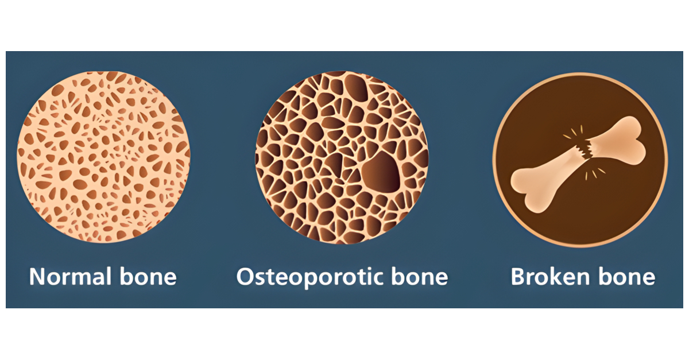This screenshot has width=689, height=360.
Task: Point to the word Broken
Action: [x=544, y=277]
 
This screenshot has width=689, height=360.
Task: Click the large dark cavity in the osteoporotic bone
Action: [x=381, y=175]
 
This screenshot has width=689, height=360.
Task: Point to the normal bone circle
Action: [x=103, y=157]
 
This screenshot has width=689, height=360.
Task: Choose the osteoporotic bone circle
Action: [x=342, y=157]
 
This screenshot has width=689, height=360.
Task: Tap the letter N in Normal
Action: [x=37, y=277]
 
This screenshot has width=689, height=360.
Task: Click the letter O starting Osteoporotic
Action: [x=245, y=277]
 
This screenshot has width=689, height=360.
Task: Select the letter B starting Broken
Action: [x=518, y=277]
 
